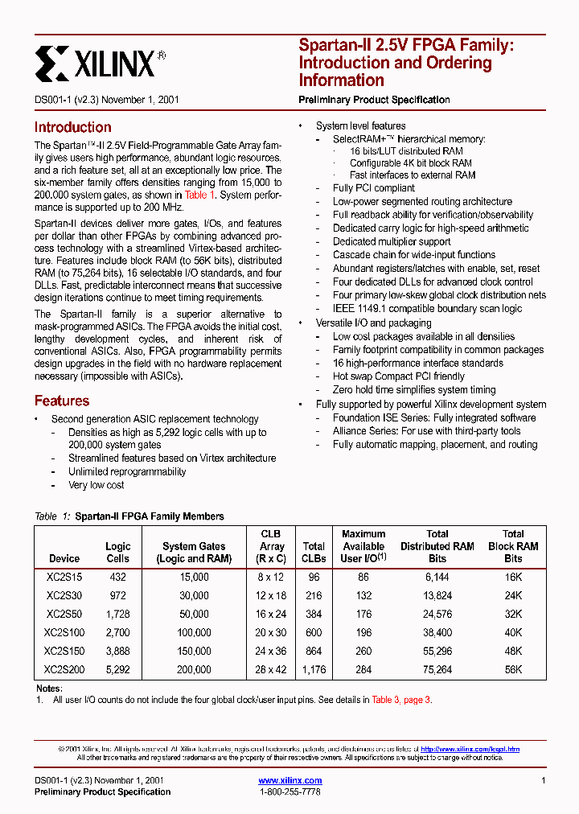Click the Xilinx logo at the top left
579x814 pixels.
(x=100, y=62)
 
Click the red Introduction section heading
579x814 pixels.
(x=72, y=127)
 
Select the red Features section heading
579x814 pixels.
(x=61, y=401)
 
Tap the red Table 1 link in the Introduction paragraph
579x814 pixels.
(x=200, y=195)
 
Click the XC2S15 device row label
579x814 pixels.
(x=64, y=578)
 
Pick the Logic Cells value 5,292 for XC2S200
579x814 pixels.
(x=118, y=669)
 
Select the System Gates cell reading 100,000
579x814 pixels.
(x=194, y=633)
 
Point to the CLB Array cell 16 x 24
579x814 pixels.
(x=272, y=615)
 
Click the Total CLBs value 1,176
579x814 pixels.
(x=314, y=669)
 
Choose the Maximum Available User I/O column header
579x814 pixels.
(x=363, y=546)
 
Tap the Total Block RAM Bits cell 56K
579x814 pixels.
(x=513, y=669)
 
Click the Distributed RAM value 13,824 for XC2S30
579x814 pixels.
(x=437, y=596)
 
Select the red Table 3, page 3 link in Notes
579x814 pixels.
(x=401, y=700)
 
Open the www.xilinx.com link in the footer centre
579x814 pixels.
(x=289, y=780)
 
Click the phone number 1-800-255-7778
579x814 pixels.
(x=289, y=792)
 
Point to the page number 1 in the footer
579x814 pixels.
(x=544, y=780)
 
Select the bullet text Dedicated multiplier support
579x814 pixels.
(x=392, y=241)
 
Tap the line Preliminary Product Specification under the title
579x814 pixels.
(x=374, y=100)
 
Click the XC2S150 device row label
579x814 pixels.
(x=64, y=651)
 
